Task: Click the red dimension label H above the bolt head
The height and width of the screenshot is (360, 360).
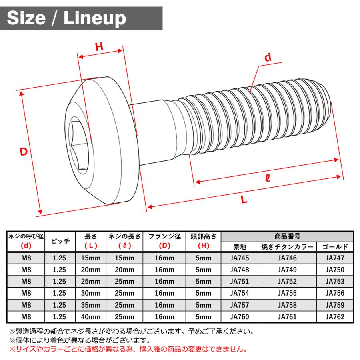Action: (x=99, y=47)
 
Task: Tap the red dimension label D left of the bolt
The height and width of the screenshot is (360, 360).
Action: (x=24, y=152)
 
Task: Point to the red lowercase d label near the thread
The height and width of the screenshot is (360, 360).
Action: (x=268, y=58)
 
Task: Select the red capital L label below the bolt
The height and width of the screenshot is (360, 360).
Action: (x=244, y=200)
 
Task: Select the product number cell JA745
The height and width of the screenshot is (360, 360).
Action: (x=240, y=258)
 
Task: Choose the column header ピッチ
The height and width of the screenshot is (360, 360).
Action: (x=59, y=241)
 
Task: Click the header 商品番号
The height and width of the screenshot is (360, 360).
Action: (x=287, y=236)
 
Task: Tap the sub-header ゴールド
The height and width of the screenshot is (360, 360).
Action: (x=335, y=247)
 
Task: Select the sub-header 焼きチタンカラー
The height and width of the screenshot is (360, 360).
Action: (x=287, y=247)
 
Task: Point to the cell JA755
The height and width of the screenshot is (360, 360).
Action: (x=287, y=293)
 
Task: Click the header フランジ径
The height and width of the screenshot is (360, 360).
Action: (x=165, y=236)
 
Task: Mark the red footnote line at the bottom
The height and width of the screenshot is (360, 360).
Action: (x=127, y=349)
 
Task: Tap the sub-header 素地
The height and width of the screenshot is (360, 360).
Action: (x=240, y=247)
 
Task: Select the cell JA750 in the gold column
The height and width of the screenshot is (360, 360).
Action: (x=335, y=270)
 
